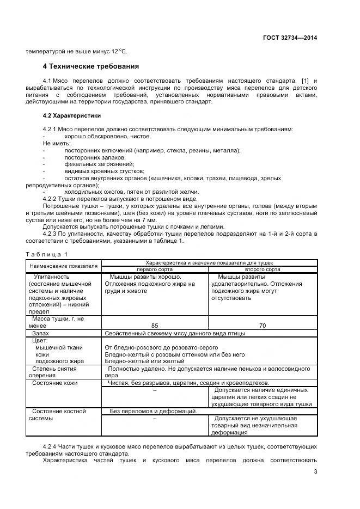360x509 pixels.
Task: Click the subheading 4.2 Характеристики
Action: (72, 116)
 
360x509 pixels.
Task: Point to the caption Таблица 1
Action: (47, 254)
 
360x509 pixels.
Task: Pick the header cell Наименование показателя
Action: (63, 266)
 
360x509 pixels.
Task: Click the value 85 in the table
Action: (154, 326)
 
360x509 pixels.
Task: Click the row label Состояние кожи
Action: (54, 383)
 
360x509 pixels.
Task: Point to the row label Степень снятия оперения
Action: (54, 372)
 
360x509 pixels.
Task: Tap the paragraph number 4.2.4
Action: (52, 446)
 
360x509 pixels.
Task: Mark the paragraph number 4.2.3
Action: (52, 234)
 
